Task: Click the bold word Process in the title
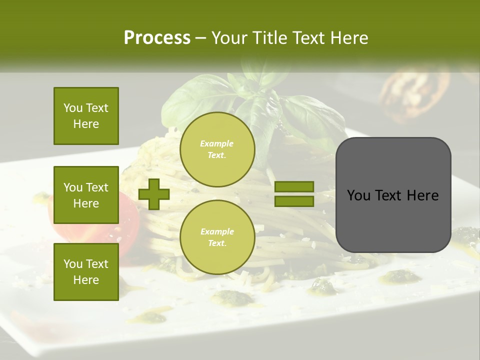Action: (157, 37)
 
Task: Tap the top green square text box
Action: (86, 116)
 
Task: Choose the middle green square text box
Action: (86, 195)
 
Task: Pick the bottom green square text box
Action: (86, 272)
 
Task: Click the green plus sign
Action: (154, 194)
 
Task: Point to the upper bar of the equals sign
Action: (294, 187)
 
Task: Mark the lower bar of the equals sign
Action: (294, 201)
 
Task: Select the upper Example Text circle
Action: (217, 149)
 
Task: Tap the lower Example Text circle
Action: (217, 237)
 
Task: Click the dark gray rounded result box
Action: (393, 195)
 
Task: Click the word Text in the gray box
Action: (393, 195)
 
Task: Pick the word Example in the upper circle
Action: (217, 143)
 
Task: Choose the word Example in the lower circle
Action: (217, 231)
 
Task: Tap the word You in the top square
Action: (72, 108)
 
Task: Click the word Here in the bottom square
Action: (86, 280)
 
